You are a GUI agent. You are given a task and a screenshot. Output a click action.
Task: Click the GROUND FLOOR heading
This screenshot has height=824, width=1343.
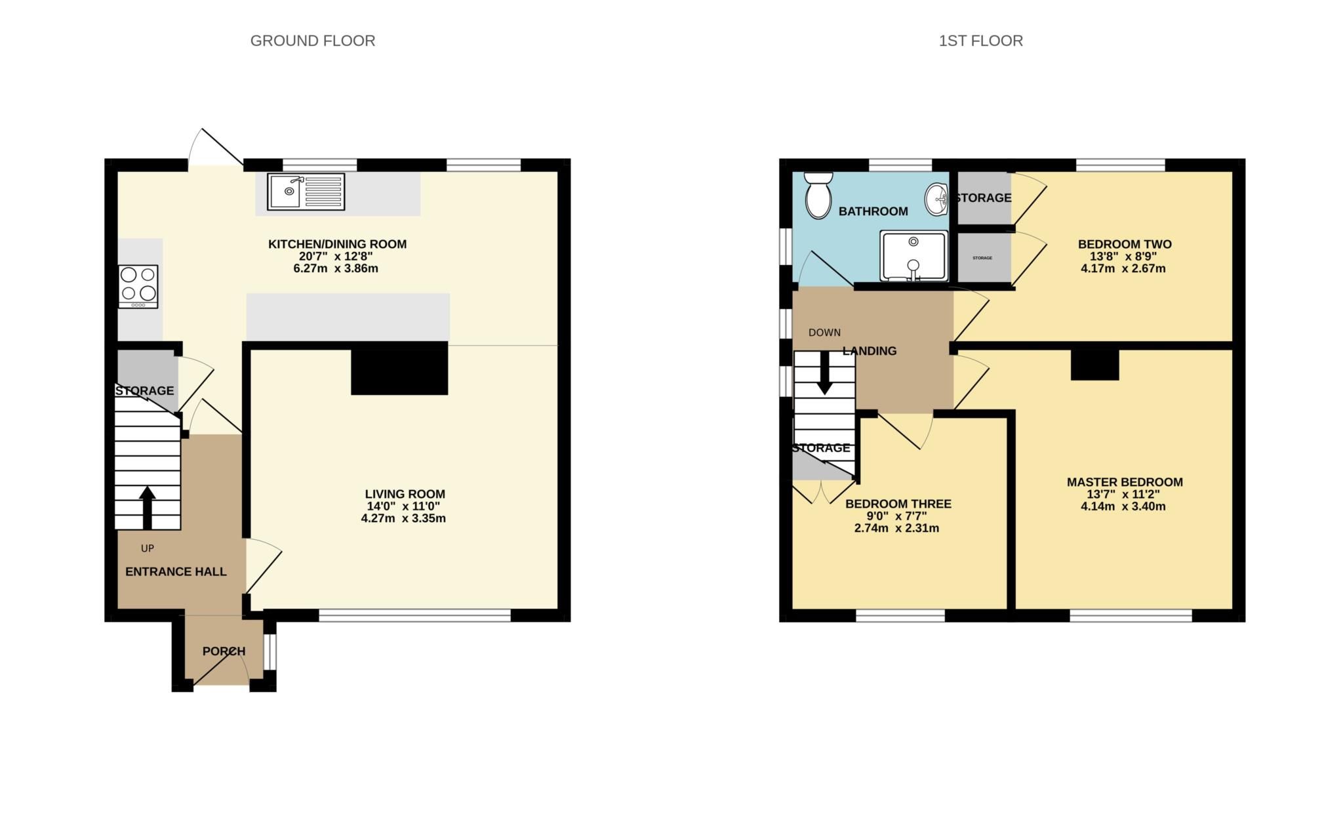pos(313,41)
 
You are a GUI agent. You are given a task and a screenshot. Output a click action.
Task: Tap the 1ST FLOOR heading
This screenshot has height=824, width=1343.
pos(980,41)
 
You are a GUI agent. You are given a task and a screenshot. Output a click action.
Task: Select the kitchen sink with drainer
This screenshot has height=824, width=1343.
pos(306,192)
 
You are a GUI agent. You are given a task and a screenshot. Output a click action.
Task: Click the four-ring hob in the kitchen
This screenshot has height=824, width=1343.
pos(138,286)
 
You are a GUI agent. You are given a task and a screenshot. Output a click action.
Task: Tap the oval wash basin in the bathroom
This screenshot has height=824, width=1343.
pos(936,199)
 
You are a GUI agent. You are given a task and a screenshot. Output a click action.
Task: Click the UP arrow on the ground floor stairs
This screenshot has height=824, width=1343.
pos(148,507)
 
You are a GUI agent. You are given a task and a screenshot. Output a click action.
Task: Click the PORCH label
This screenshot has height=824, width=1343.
pos(224,651)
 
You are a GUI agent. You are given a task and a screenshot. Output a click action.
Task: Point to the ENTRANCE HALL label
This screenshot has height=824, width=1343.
pos(176,572)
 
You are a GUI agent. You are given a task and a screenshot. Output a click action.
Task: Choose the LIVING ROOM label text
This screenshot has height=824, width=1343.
pos(405,494)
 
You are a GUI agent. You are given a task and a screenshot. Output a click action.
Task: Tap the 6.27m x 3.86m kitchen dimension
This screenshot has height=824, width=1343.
pos(336,268)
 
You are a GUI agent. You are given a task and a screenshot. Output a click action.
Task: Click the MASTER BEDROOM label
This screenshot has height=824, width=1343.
pos(1125,482)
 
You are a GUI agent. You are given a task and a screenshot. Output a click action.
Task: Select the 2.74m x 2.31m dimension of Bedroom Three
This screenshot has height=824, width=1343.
pos(896,528)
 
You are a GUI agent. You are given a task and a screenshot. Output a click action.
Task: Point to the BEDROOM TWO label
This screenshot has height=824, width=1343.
pos(1125,244)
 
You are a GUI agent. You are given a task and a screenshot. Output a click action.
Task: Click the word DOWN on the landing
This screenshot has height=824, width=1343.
pos(824,333)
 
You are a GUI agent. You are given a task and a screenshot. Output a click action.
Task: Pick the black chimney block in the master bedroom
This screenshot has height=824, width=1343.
pos(1094,365)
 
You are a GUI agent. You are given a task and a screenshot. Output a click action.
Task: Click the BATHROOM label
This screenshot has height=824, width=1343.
pos(873,211)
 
